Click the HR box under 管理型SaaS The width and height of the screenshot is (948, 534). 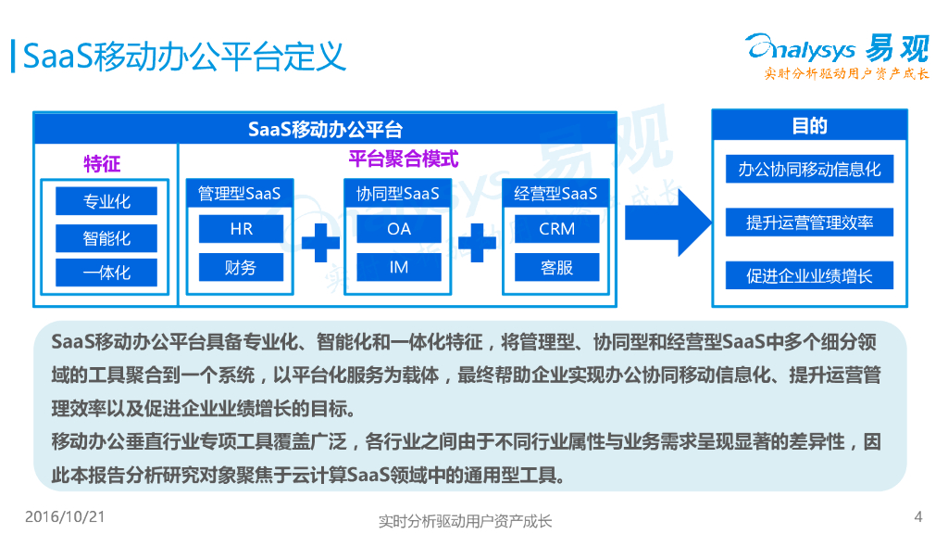241,229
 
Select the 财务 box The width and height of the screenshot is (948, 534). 241,268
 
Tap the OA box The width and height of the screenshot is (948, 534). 399,229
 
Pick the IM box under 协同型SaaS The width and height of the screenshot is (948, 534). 399,268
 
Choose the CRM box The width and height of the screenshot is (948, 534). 557,229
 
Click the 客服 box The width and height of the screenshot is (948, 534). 557,268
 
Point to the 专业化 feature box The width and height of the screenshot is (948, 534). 106,201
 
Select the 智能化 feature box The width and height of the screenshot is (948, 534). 106,237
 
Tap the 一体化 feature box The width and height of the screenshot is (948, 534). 106,273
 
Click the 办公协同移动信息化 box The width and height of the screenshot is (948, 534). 809,169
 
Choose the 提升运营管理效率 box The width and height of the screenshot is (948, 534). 809,222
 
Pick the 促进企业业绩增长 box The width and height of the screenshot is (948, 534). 809,275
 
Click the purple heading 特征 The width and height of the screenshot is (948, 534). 102,165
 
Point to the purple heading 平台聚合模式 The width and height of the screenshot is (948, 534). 403,159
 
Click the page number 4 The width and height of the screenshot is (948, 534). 917,516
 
